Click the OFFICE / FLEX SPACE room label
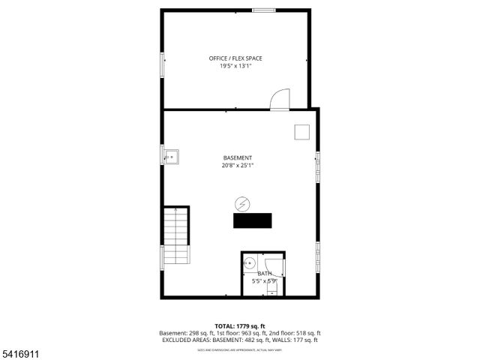[x=235, y=58]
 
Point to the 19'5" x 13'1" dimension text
[x=235, y=66]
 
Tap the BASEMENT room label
[x=238, y=157]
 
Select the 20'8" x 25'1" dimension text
[x=238, y=166]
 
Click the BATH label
[x=264, y=274]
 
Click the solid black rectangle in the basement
[x=253, y=220]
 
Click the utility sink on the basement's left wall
[x=172, y=157]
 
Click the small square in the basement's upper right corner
[x=302, y=130]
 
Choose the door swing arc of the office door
[x=279, y=99]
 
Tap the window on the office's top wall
[x=262, y=10]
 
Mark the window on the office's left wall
[x=161, y=64]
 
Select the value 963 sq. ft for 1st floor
[x=250, y=333]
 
